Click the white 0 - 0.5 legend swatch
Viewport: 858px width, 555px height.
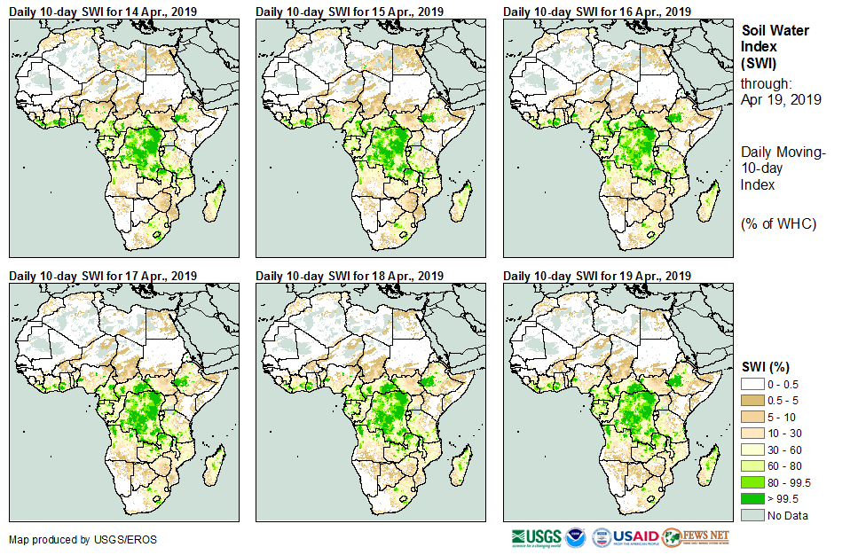pos(752,385)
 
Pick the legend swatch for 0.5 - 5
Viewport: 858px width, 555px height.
pos(752,401)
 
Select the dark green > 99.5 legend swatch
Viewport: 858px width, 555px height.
pos(752,498)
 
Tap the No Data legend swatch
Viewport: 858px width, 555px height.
pos(752,515)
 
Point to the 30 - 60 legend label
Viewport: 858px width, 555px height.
pos(786,449)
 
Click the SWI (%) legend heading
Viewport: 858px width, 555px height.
pos(766,367)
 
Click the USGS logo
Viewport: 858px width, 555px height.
pos(535,536)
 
